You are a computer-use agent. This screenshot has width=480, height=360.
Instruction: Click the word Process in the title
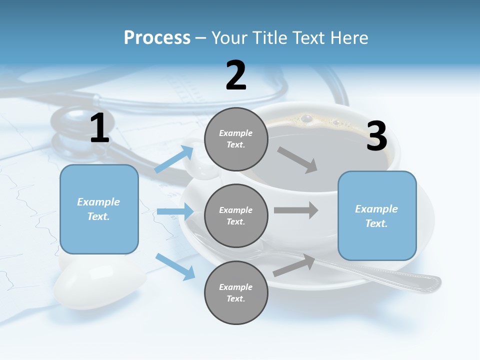[157, 38]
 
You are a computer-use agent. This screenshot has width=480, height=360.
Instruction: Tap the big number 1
[99, 128]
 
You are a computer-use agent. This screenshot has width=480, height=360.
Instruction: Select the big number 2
[236, 75]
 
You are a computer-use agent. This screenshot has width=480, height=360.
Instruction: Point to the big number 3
[376, 136]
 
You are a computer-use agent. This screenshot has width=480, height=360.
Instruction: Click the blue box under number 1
[99, 209]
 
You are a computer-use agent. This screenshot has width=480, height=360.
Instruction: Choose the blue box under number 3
[377, 215]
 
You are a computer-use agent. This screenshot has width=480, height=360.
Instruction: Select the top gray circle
[236, 139]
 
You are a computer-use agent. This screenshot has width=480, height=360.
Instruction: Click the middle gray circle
[236, 215]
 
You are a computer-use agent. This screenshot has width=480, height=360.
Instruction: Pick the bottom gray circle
[236, 292]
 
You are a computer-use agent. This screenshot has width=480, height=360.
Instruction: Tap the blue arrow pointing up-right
[174, 159]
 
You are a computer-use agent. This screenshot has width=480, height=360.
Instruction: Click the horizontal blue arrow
[175, 211]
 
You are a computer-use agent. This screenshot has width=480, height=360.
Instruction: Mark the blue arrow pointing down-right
[175, 266]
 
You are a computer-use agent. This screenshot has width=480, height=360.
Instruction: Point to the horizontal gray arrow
[296, 210]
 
